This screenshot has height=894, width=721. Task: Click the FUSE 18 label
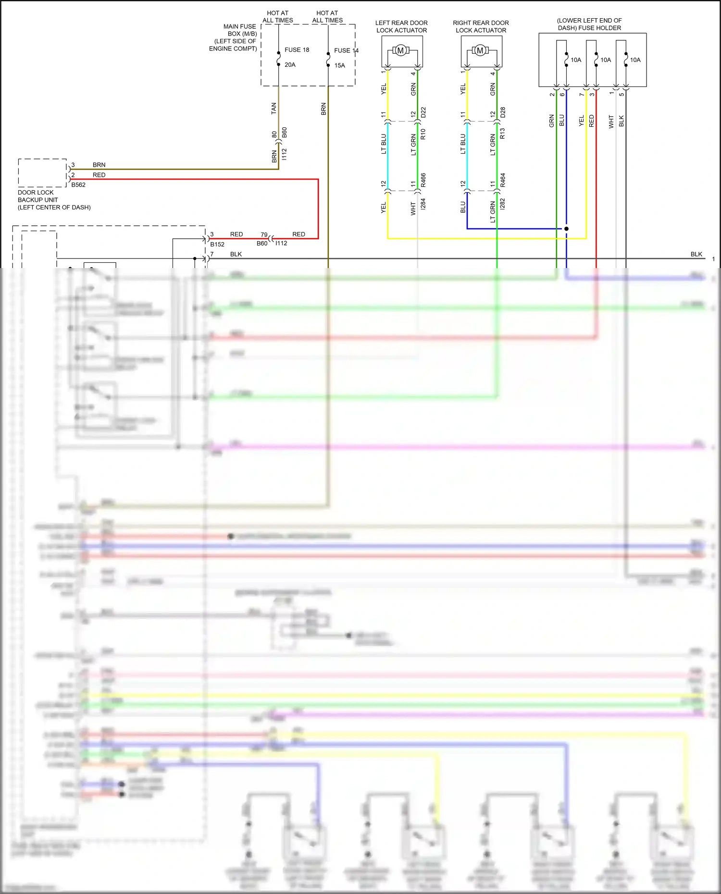click(297, 50)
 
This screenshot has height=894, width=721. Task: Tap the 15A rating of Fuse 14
click(339, 66)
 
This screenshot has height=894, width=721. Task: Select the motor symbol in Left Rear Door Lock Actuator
click(400, 50)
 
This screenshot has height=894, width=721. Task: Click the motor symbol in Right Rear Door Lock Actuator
click(480, 50)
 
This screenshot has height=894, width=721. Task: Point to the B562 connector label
click(78, 185)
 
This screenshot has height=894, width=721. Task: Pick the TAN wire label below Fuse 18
click(274, 109)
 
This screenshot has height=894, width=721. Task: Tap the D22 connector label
click(423, 113)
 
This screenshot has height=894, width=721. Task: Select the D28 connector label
click(503, 113)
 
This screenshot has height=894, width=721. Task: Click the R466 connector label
click(423, 180)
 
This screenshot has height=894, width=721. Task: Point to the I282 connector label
click(502, 204)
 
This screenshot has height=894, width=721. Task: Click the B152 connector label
click(217, 245)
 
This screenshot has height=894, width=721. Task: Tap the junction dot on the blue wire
click(566, 229)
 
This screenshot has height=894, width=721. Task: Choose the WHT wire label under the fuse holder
click(611, 122)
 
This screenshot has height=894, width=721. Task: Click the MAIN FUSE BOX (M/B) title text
click(239, 30)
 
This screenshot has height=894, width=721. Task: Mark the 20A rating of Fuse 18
click(290, 65)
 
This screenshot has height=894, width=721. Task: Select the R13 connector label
click(502, 134)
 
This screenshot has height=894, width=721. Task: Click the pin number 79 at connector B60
click(264, 235)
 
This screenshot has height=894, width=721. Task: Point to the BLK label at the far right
click(696, 255)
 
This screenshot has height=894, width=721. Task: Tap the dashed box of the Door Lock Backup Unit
click(42, 172)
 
